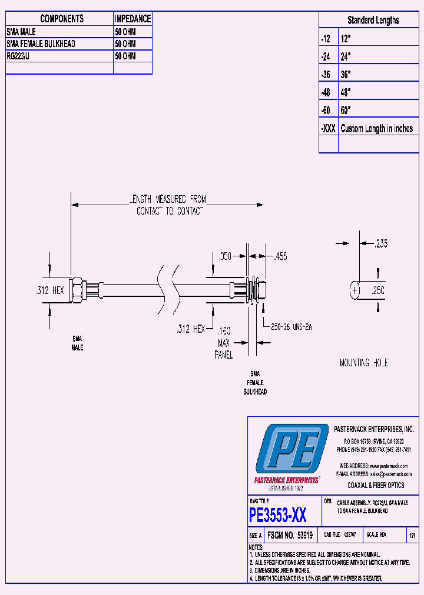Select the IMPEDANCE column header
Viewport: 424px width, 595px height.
[132, 19]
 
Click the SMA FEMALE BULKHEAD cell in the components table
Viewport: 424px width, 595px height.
[41, 44]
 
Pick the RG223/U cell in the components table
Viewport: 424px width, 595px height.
[21, 56]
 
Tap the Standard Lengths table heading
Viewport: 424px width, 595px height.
[373, 20]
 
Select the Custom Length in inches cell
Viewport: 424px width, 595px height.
[376, 129]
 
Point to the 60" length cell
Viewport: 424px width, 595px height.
[346, 111]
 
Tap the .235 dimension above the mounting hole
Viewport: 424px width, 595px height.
[380, 243]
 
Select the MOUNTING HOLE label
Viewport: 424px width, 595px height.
[363, 363]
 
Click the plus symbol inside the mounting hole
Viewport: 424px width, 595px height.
[355, 290]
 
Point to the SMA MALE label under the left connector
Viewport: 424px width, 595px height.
[77, 343]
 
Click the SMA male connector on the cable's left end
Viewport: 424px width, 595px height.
[78, 290]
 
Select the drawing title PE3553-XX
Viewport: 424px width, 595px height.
[277, 516]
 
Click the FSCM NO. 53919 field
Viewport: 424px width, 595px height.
[289, 536]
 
